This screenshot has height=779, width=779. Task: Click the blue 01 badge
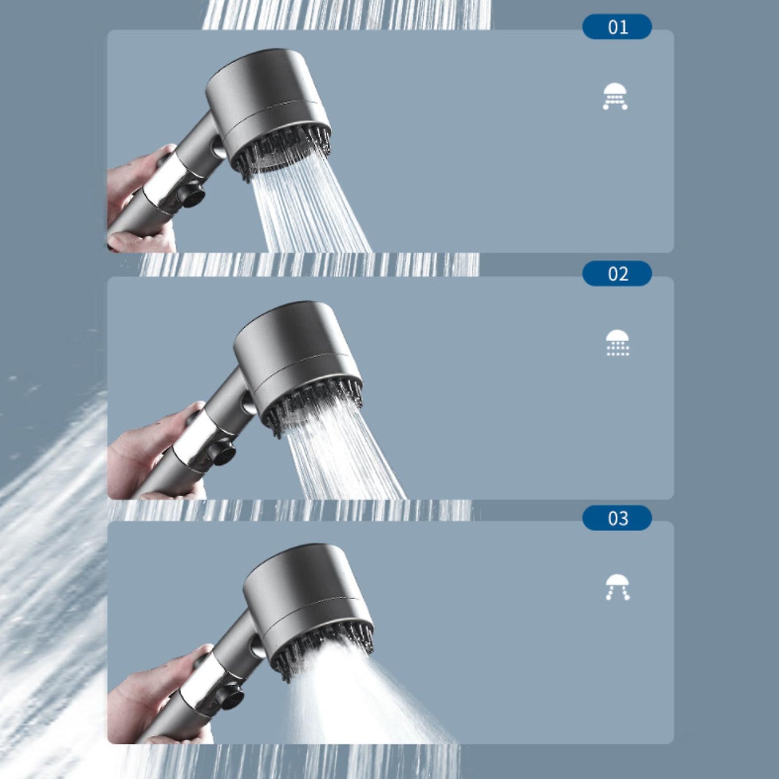tap(617, 26)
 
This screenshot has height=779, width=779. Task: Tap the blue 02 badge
tap(617, 274)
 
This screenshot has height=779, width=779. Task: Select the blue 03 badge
tap(617, 518)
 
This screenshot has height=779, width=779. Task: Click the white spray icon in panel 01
tap(615, 96)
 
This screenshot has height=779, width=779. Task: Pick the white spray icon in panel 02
tap(617, 343)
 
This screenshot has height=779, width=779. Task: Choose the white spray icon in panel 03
tap(617, 587)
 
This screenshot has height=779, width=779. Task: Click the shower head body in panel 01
tap(267, 109)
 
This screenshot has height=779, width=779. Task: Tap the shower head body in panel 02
tap(297, 362)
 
